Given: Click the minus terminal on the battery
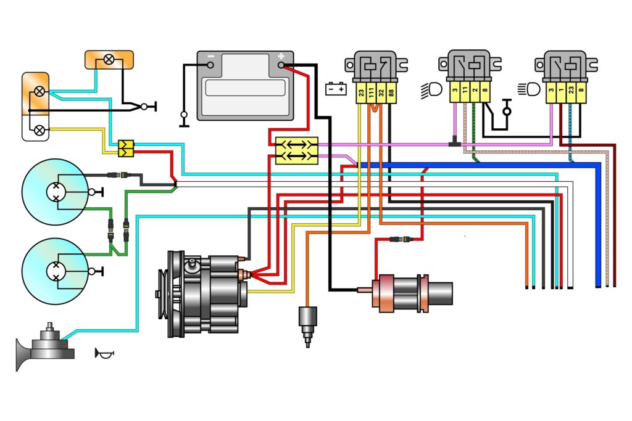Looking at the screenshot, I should pyautogui.click(x=210, y=63).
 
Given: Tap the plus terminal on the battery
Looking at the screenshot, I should pyautogui.click(x=281, y=63).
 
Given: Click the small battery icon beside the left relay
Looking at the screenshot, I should pyautogui.click(x=336, y=89).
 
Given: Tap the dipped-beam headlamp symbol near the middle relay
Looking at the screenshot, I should pyautogui.click(x=431, y=91).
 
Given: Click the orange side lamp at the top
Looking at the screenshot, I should pyautogui.click(x=109, y=60).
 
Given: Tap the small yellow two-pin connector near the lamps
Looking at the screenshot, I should pyautogui.click(x=126, y=147).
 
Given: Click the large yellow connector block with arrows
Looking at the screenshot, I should pyautogui.click(x=296, y=150).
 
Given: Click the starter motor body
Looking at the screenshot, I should pyautogui.click(x=410, y=293).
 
